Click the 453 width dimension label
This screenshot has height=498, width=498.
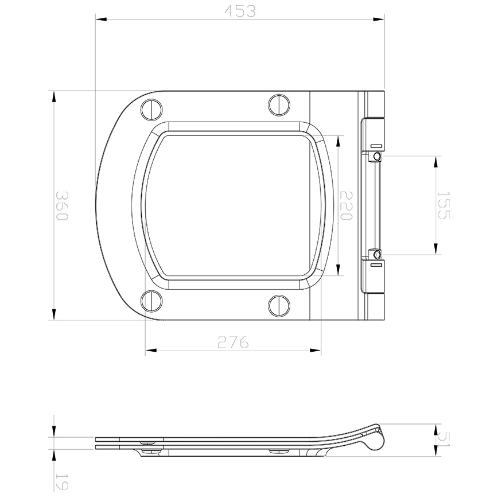coord(239,11)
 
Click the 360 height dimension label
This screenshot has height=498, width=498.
coord(61,205)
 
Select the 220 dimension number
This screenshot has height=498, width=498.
coord(345,205)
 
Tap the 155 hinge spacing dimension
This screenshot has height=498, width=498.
coord(443,205)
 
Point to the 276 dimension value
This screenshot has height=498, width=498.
coord(232,342)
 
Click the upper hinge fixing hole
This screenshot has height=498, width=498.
coord(376,157)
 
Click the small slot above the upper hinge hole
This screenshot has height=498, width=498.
coord(376,144)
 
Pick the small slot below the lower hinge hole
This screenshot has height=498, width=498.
coord(376,266)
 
